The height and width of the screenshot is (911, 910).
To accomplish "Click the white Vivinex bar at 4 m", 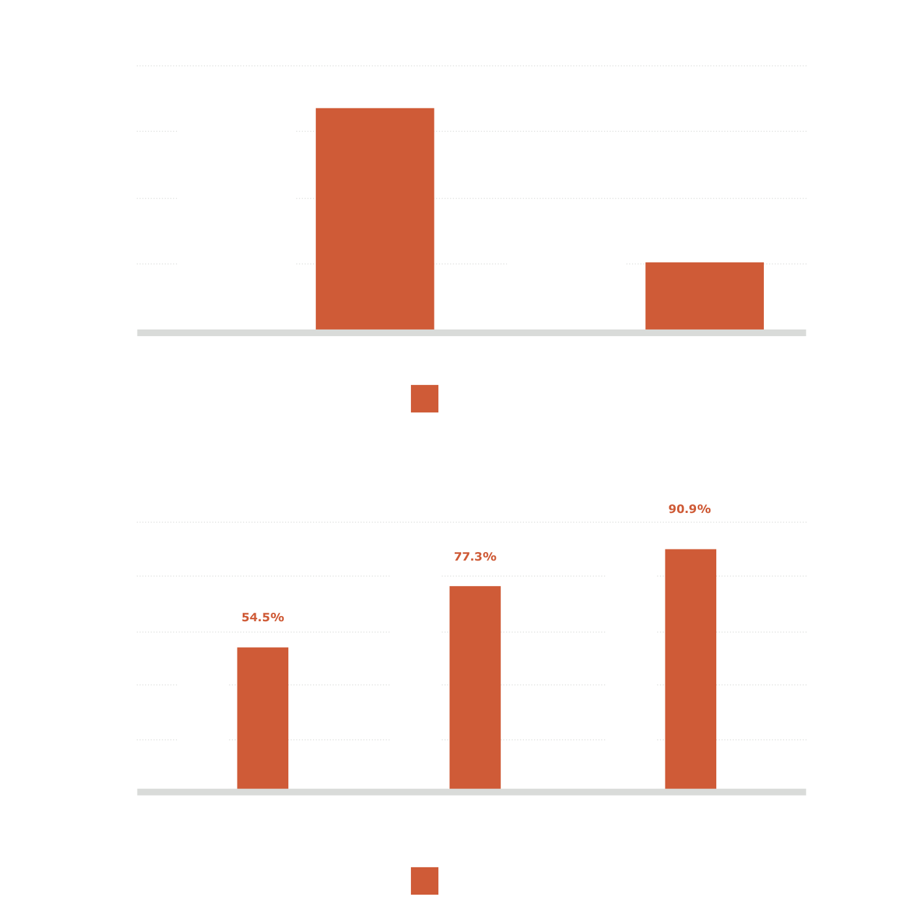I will click(236, 225).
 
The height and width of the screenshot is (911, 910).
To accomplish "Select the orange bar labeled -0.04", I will click(375, 219).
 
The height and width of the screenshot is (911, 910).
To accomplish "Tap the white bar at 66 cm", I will click(566, 268).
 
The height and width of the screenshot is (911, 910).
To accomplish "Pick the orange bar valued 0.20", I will click(705, 296).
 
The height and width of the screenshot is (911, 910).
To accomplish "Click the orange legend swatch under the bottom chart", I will click(424, 881).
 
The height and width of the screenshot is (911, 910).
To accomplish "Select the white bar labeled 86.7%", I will click(415, 675).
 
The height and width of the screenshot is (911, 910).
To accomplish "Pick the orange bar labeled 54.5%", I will click(263, 718).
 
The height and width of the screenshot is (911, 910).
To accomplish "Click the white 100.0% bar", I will click(631, 656).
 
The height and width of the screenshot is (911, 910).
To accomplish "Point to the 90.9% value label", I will click(690, 509).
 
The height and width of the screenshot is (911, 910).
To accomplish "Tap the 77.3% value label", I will click(475, 557).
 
